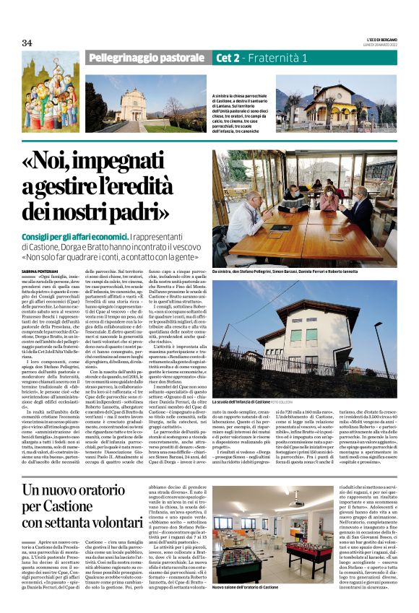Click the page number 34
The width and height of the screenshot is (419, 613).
(27, 43)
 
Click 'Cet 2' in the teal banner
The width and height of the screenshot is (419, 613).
(230, 57)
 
